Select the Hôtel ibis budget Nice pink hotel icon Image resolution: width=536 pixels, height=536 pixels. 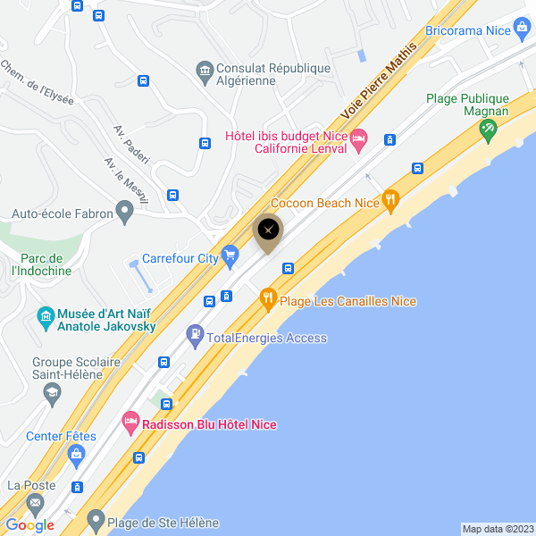click(x=358, y=137)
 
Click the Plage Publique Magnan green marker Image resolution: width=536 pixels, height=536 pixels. click(x=488, y=130)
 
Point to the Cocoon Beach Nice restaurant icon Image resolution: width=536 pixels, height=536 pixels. click(x=389, y=202)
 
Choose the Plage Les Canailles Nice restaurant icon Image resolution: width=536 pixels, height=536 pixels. click(x=268, y=301)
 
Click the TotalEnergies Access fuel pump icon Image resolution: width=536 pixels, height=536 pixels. click(x=195, y=338)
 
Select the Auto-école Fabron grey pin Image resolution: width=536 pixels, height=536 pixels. click(x=125, y=213)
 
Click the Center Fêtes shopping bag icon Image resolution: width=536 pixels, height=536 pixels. click(x=77, y=456)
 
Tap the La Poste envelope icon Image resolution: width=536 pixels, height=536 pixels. click(x=35, y=503)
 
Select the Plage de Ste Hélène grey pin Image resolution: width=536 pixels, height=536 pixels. click(x=95, y=523)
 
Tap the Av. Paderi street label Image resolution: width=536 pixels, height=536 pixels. click(x=131, y=144)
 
